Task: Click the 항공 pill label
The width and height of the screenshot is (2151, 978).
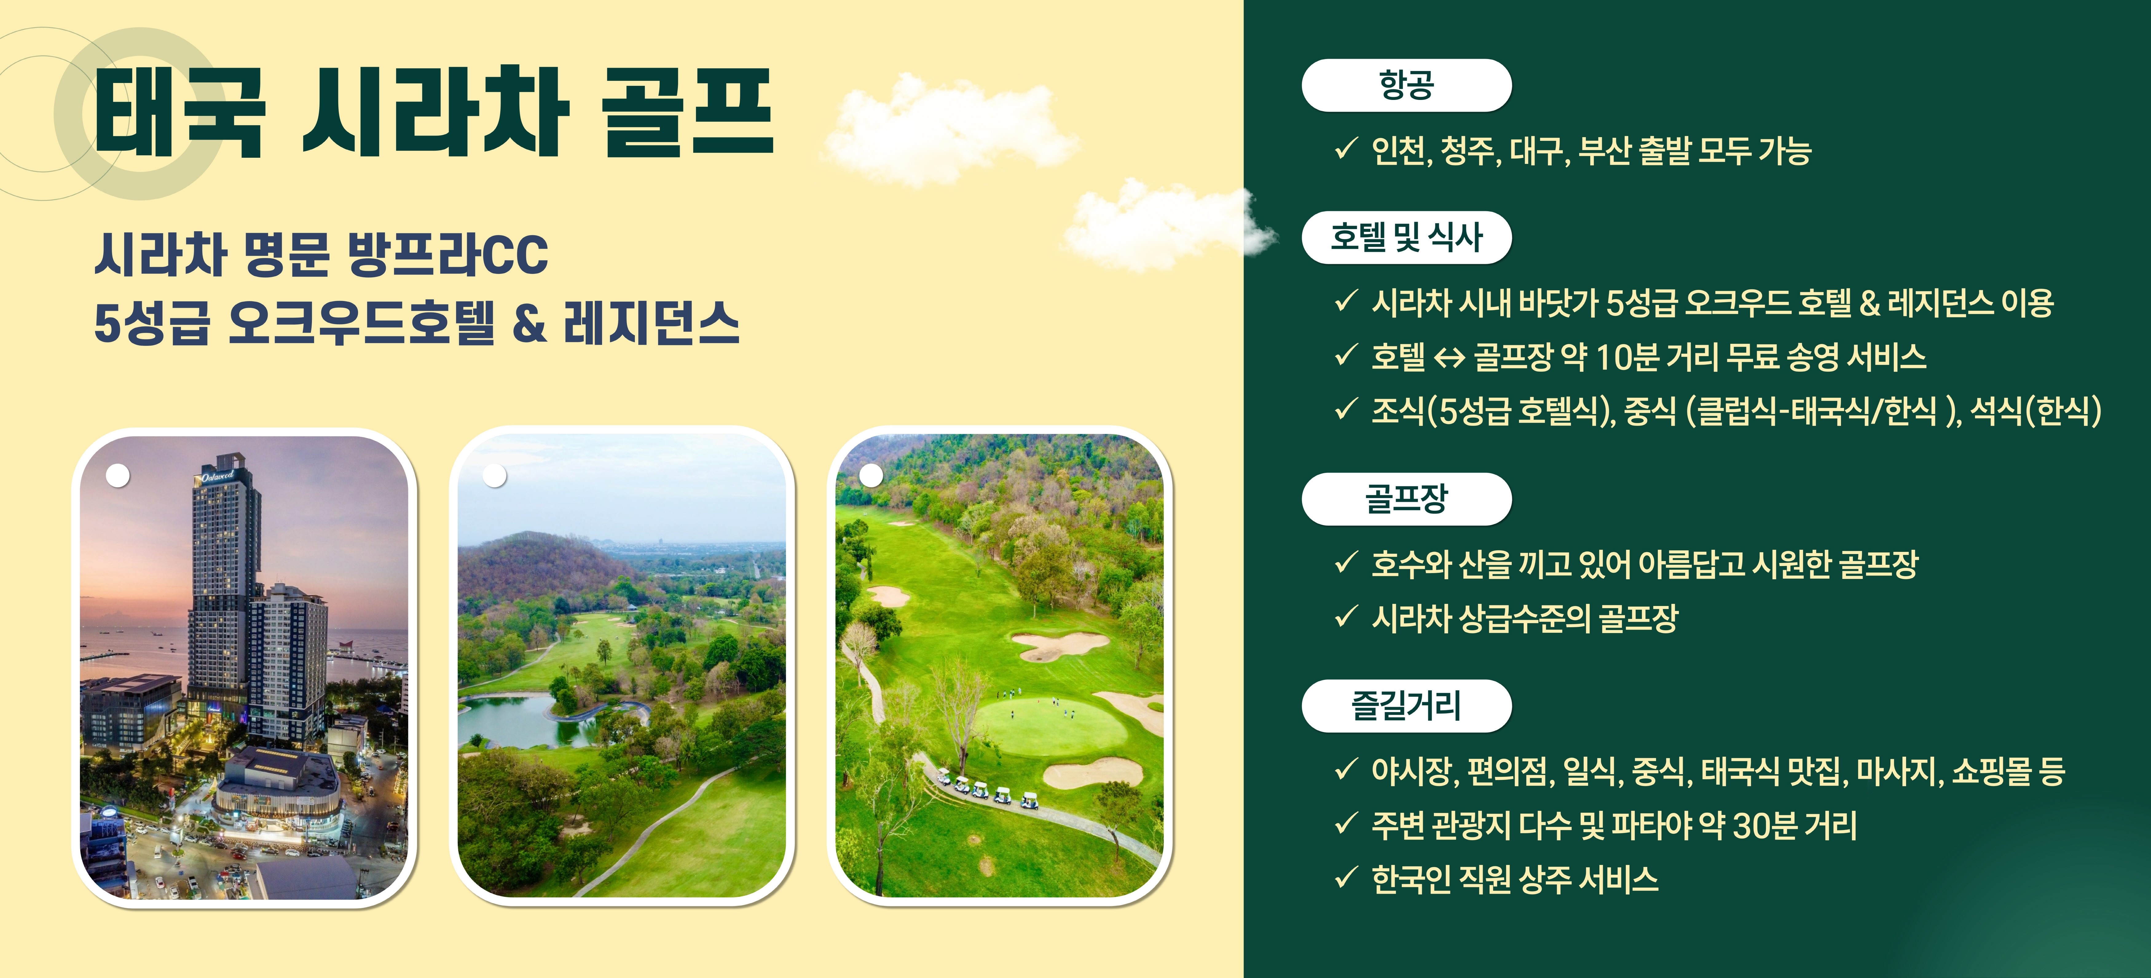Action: [1406, 85]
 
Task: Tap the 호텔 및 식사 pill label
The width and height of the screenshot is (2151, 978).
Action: [1406, 238]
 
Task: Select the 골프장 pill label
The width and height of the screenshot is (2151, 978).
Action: [1406, 499]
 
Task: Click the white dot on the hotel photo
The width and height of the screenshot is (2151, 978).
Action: [118, 475]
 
